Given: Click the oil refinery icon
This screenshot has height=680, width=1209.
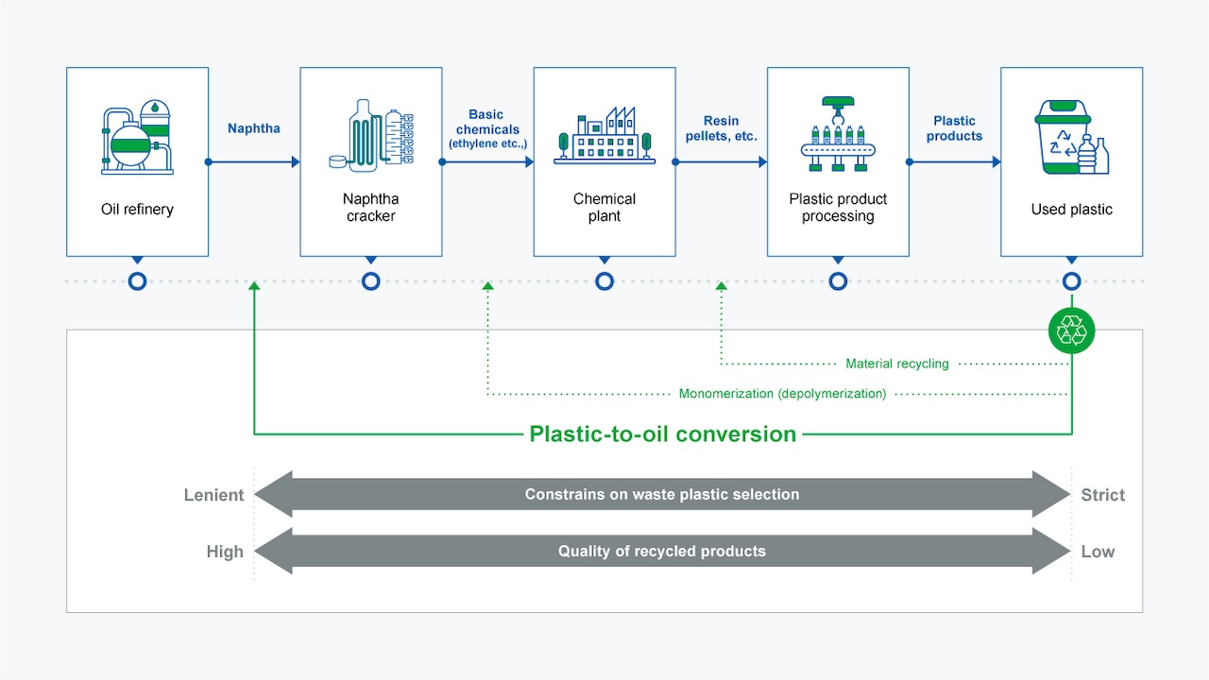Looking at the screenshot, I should tap(137, 140).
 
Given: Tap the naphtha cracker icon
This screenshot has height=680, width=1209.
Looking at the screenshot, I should tap(371, 136).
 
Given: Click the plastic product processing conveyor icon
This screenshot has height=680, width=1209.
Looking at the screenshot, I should tap(838, 136).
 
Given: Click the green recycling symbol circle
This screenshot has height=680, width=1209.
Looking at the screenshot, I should tap(1071, 331).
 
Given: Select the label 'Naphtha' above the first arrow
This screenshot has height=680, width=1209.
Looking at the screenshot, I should tap(254, 128).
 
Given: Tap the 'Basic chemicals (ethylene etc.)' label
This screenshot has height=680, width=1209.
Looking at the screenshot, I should tap(487, 128).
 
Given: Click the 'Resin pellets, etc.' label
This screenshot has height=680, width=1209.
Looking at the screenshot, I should tap(721, 128).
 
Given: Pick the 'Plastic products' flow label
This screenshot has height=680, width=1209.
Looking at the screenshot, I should tap(954, 128).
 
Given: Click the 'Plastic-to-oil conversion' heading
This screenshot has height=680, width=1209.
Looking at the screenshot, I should tap(663, 434).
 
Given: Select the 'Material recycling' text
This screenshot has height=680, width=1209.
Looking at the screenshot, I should tap(896, 364).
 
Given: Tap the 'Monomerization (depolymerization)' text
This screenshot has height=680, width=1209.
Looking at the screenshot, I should tap(782, 394).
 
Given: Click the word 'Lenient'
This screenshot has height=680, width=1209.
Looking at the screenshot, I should tap(213, 495).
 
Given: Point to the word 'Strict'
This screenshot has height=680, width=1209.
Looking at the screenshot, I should tap(1102, 495).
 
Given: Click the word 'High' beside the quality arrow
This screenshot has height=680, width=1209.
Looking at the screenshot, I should tap(225, 552).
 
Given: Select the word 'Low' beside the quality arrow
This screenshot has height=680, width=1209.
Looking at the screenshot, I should tap(1098, 552).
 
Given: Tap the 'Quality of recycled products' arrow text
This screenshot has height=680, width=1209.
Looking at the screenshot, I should tap(661, 552).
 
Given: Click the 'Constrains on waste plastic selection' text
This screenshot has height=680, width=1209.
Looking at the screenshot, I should tap(661, 495).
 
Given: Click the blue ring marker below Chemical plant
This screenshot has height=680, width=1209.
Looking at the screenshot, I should tap(604, 281).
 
